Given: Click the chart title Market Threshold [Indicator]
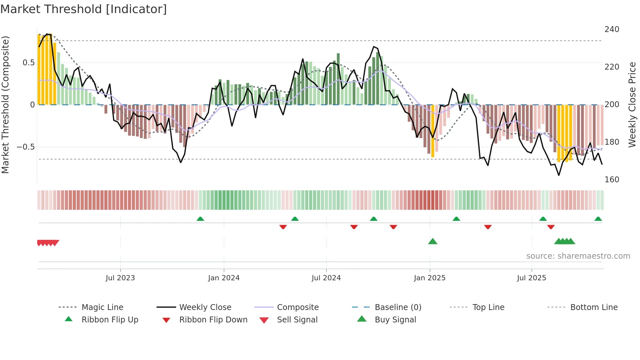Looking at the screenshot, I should coord(84,9).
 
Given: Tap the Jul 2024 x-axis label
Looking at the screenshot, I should coord(326,278).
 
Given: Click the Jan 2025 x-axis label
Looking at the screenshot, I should coord(429,278).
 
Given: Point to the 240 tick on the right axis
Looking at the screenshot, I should coord(612,29).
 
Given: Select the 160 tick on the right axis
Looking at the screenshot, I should coord(612,180).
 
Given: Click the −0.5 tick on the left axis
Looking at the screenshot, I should coord(26,147).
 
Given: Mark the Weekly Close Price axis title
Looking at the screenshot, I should coord(632,105).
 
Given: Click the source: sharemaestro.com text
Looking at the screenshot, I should coord(578,256).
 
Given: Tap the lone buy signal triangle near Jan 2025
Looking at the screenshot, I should coord(433,241).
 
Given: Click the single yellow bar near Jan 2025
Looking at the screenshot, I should coord(433,131).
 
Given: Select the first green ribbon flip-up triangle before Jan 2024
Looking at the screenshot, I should coord(200,219).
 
